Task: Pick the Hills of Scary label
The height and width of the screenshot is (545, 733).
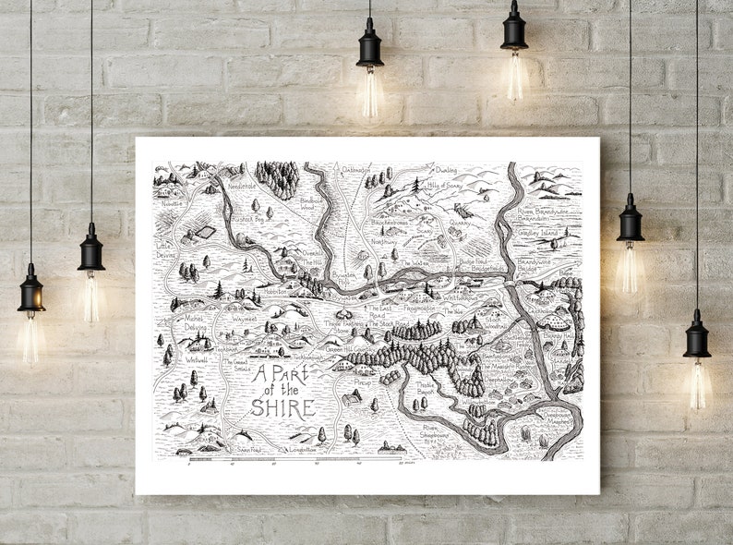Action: (444, 187)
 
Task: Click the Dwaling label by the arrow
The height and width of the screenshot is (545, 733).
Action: (446, 170)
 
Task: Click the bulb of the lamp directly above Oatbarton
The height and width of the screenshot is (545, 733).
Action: (370, 92)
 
